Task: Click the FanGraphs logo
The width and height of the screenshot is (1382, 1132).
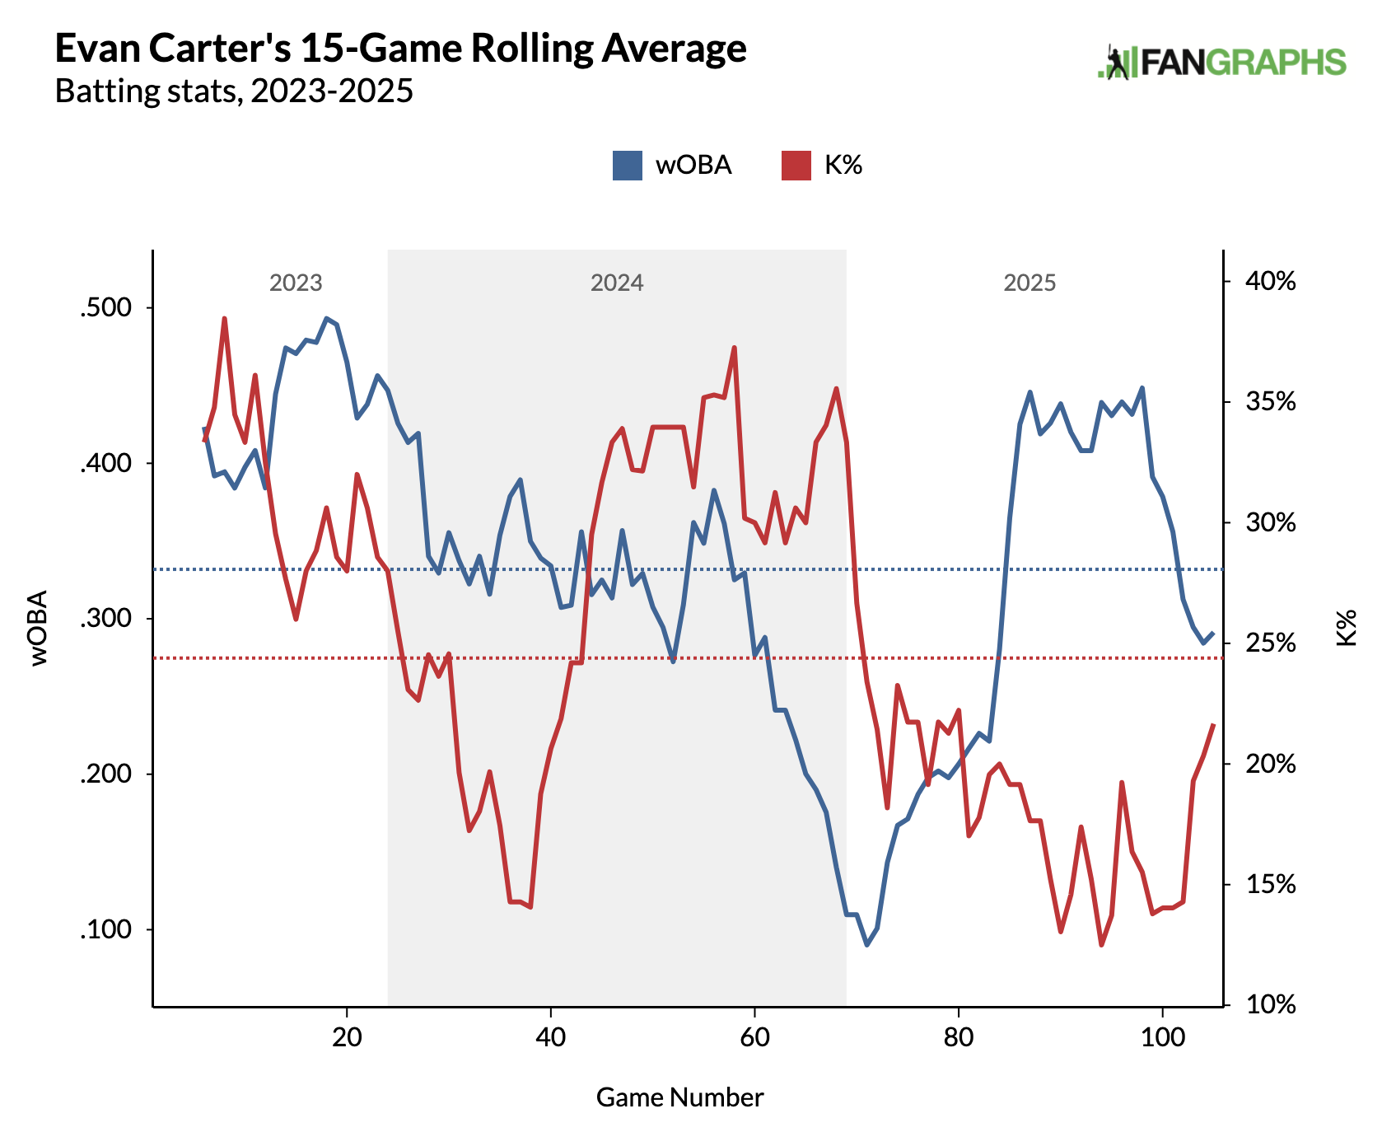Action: (1221, 63)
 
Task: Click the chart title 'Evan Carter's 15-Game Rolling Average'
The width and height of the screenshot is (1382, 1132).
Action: (400, 49)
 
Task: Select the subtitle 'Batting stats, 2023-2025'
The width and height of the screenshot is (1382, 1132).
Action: (234, 91)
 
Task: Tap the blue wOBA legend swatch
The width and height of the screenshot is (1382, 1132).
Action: (628, 166)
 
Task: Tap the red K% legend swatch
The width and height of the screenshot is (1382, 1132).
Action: (796, 166)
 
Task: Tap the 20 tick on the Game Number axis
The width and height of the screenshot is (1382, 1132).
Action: (347, 1036)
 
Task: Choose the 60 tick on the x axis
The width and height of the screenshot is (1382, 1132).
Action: (754, 1036)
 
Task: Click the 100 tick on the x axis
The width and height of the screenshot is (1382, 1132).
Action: (1162, 1036)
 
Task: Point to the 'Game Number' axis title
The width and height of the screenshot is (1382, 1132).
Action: (679, 1097)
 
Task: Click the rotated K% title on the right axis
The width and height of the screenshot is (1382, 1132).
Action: (1346, 628)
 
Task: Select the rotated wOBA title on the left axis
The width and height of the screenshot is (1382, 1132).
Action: (39, 628)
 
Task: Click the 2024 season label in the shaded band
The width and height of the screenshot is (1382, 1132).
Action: (617, 283)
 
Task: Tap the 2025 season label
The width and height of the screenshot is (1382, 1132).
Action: (1029, 283)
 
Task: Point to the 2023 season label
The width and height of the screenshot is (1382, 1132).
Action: (296, 283)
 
